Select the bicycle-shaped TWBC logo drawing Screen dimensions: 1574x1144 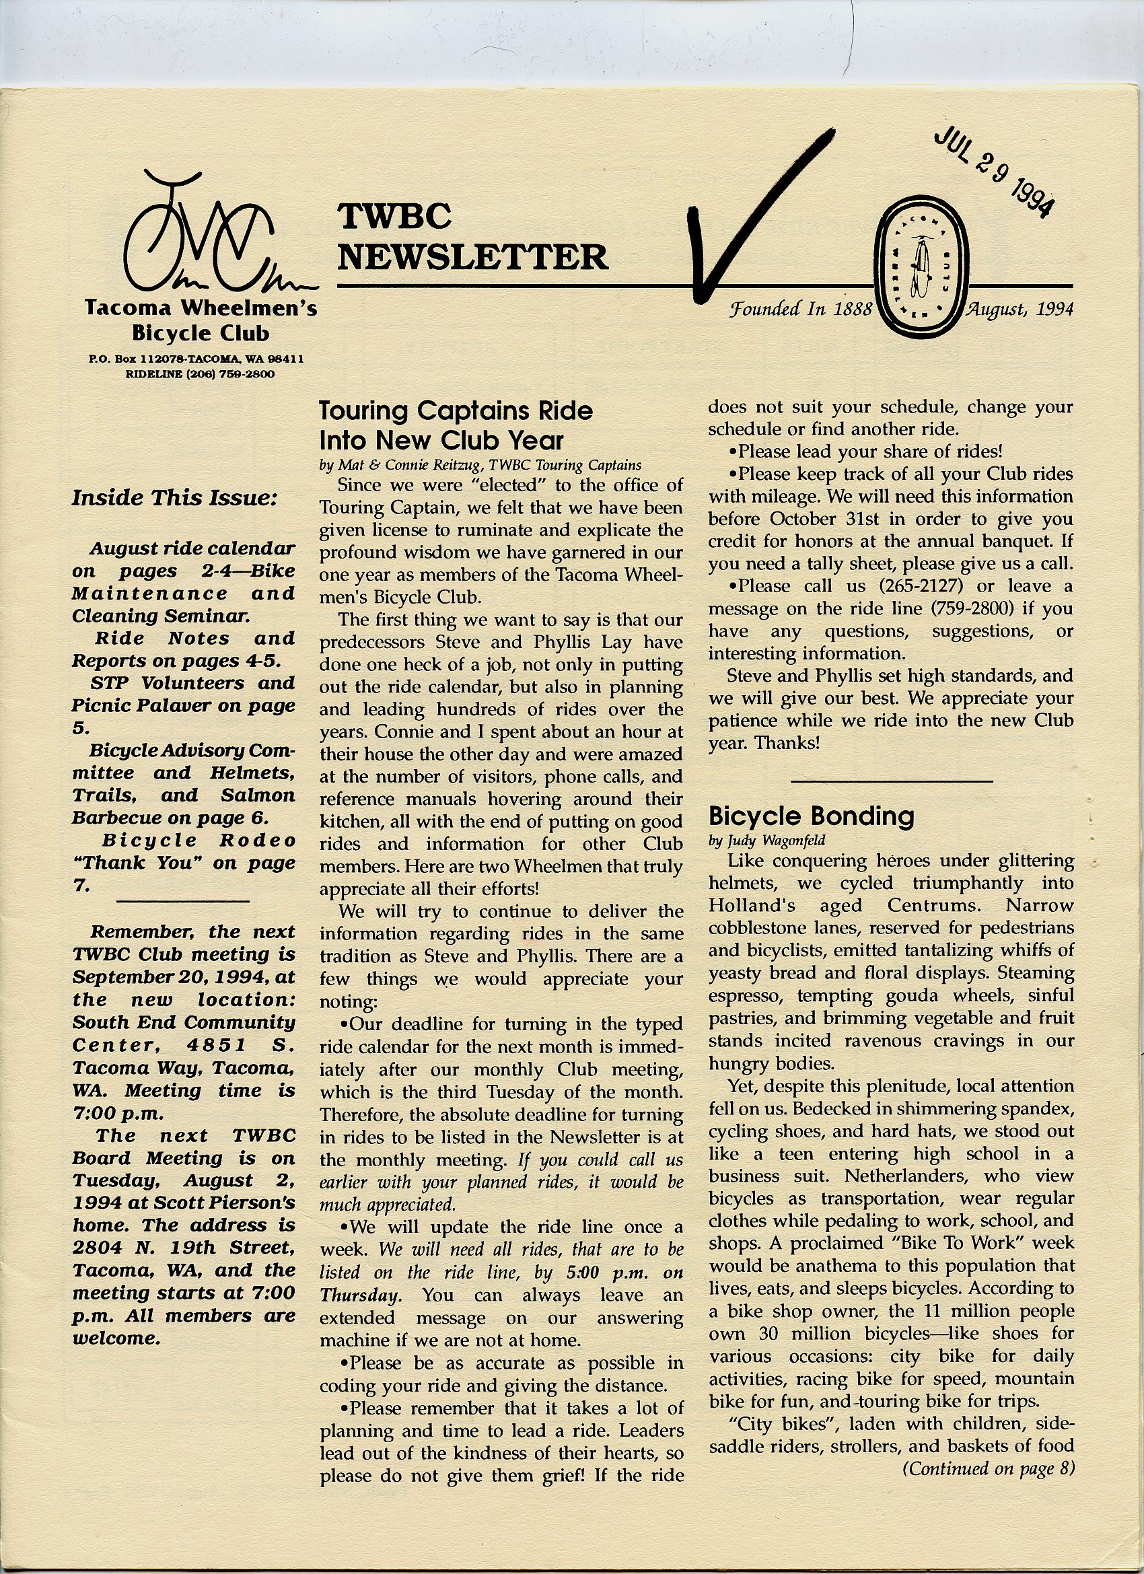point(208,240)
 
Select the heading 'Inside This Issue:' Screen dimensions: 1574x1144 point(175,497)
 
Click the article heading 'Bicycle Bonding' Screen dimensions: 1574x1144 point(811,816)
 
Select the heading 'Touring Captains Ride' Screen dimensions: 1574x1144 point(456,411)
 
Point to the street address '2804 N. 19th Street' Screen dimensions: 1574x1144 point(183,1248)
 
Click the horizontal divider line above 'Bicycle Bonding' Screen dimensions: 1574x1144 point(892,782)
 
